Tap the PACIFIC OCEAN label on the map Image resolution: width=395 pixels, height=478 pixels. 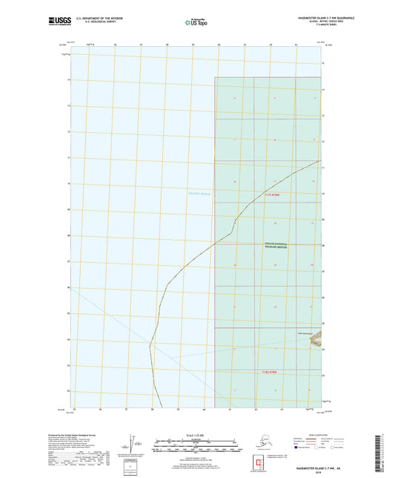(x=199, y=194)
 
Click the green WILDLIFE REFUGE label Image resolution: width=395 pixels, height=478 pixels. (x=276, y=246)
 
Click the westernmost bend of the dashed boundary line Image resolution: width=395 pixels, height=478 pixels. (x=150, y=345)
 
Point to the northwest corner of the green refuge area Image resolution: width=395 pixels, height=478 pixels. (x=216, y=77)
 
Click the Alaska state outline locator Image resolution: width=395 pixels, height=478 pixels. (x=256, y=442)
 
